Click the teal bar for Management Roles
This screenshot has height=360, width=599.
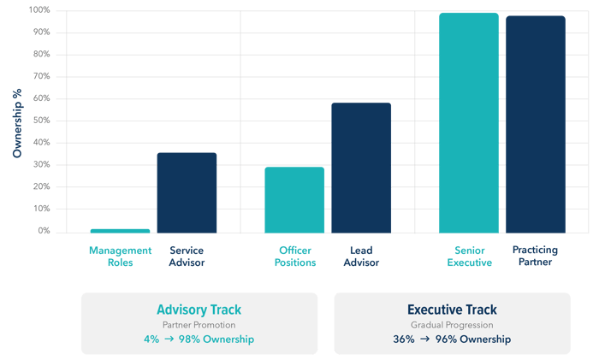pos(120,231)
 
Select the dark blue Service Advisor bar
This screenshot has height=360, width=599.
pos(187,192)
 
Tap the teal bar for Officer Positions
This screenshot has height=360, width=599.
pos(294,199)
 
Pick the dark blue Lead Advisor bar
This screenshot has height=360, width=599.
pos(361,168)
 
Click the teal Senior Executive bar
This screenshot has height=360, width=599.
pos(468,122)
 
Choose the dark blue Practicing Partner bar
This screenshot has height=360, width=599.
pos(536,124)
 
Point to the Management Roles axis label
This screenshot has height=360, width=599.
pos(120,257)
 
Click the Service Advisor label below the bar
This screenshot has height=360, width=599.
pos(187,257)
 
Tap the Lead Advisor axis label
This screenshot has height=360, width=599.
pos(361,257)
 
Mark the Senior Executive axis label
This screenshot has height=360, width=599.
pos(469,257)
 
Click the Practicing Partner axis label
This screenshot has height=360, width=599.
pos(536,257)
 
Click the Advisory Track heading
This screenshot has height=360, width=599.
pos(199,310)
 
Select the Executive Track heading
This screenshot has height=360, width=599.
pos(452,310)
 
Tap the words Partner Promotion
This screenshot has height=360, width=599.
pos(199,325)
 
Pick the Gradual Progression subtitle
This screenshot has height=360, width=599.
pos(452,325)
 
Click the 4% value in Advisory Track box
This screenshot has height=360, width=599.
pos(151,339)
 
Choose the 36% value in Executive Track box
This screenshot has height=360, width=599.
pos(404,339)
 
